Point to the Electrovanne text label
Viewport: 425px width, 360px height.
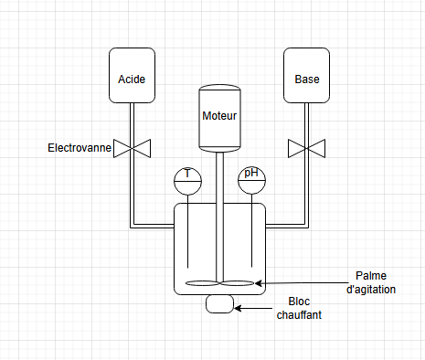tap(79, 147)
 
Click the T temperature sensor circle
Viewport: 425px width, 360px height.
tap(187, 180)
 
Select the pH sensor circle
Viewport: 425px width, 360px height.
tap(251, 180)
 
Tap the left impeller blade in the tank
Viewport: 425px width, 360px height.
tap(201, 283)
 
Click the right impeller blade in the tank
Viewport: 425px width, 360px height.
tap(238, 283)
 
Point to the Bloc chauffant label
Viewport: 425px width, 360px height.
tap(299, 308)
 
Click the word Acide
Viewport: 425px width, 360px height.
tap(132, 79)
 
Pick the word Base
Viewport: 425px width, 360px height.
tap(306, 79)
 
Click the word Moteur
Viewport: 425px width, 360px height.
tap(219, 116)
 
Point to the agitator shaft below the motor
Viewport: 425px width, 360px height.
tap(219, 219)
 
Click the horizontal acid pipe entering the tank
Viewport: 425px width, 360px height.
tap(154, 223)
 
